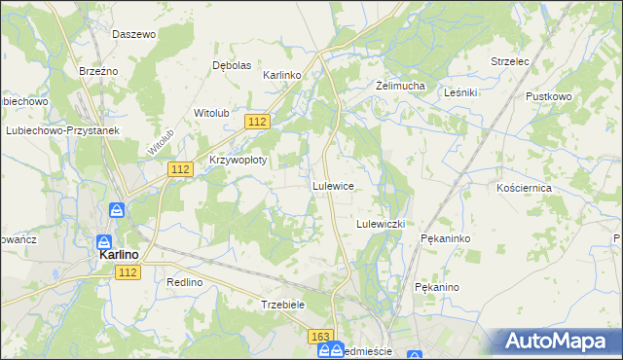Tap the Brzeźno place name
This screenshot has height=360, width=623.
pyautogui.click(x=98, y=71)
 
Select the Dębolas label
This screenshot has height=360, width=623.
pyautogui.click(x=232, y=65)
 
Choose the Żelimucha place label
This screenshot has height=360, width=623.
pyautogui.click(x=401, y=86)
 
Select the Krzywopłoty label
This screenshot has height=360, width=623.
pyautogui.click(x=238, y=159)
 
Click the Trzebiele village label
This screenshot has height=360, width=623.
pyautogui.click(x=284, y=305)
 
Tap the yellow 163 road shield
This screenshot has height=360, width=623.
pyautogui.click(x=321, y=336)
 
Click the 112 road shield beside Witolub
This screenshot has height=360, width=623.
pyautogui.click(x=257, y=121)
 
